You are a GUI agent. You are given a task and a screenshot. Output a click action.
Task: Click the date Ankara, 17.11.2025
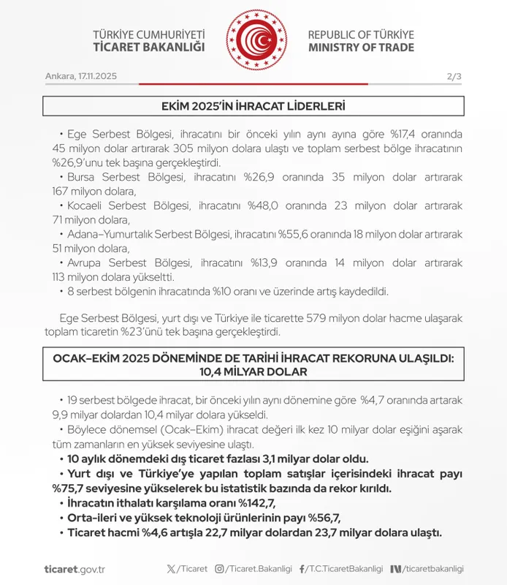[80, 77]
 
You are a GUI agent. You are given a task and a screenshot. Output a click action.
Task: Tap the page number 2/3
[454, 77]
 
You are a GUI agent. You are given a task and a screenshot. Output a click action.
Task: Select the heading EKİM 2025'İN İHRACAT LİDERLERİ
[253, 107]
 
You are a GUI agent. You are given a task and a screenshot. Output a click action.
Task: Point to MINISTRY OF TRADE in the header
[361, 48]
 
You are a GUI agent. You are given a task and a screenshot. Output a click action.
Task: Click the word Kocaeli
[87, 206]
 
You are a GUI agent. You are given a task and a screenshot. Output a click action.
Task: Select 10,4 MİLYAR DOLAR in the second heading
[253, 371]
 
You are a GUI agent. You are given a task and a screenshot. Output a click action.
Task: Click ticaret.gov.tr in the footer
[75, 569]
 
